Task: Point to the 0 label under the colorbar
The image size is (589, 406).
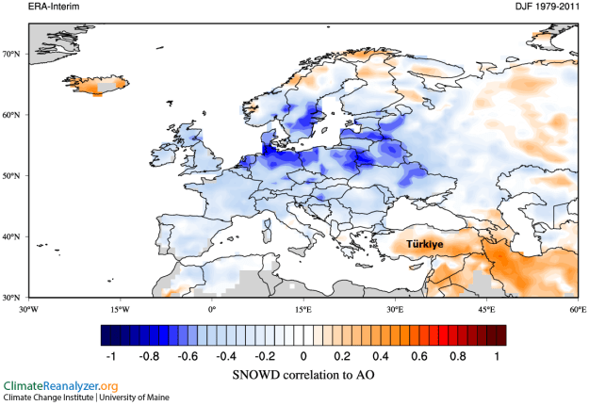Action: (x=303, y=357)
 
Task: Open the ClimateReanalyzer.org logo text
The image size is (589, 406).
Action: (x=61, y=387)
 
